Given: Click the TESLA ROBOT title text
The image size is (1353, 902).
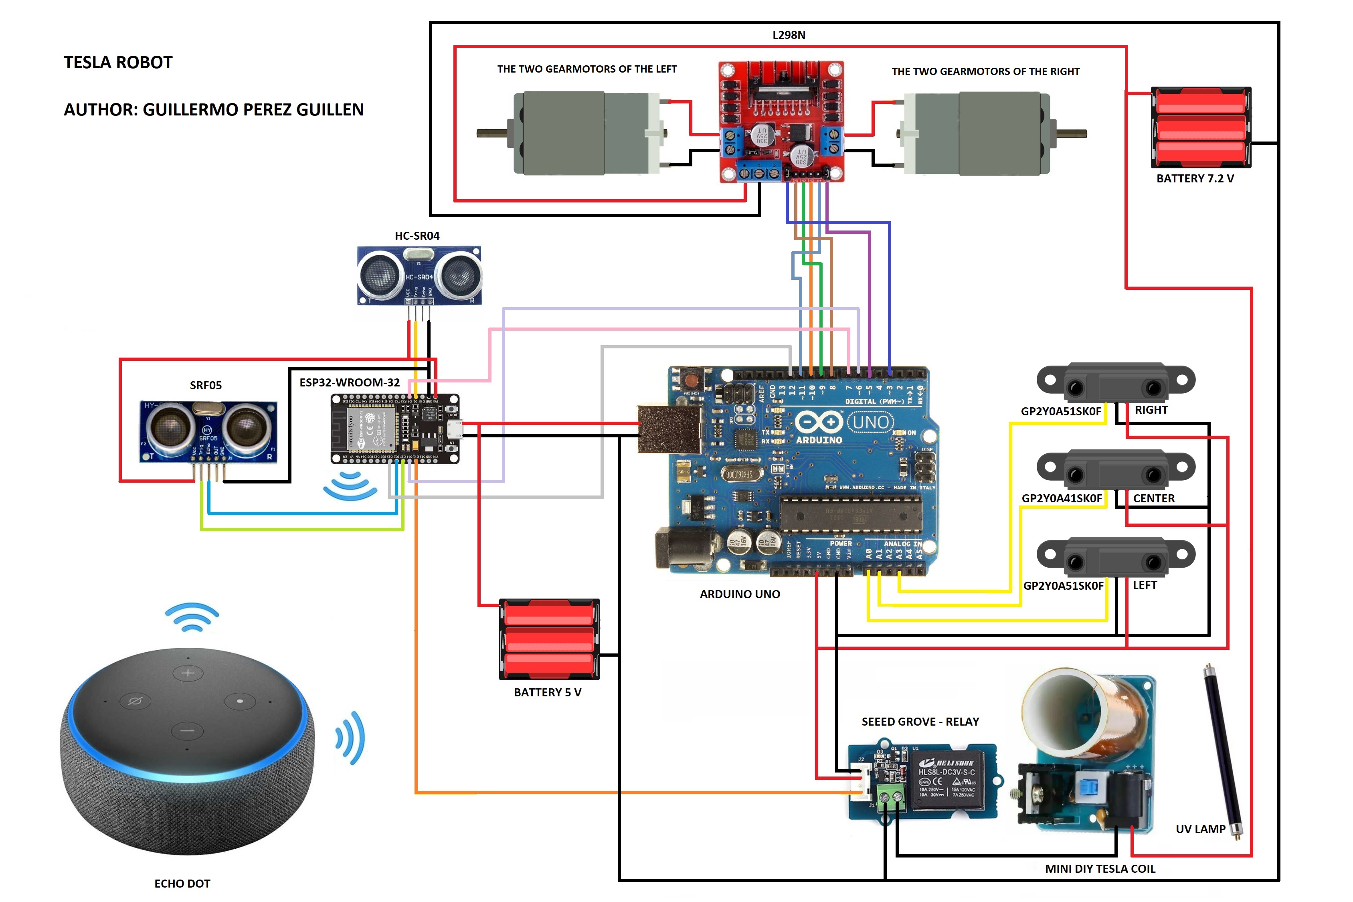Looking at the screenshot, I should (x=118, y=62).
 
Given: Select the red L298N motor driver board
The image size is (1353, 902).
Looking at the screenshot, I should (x=782, y=121).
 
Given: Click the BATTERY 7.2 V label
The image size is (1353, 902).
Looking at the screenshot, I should (x=1195, y=178).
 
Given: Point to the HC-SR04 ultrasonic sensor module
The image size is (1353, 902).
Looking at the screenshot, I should (x=419, y=275).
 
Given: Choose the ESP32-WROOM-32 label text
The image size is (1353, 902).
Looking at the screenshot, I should (x=349, y=382).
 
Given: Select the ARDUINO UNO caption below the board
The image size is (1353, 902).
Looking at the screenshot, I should (x=740, y=594).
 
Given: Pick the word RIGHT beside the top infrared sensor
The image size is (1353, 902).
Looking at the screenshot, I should (x=1151, y=410).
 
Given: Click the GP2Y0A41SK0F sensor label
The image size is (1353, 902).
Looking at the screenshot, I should (x=1061, y=498).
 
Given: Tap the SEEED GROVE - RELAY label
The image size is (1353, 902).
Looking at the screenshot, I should (x=920, y=721).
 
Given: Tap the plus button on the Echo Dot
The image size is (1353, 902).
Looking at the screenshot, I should (x=188, y=672).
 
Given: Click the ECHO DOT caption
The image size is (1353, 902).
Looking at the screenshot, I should (x=182, y=884).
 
